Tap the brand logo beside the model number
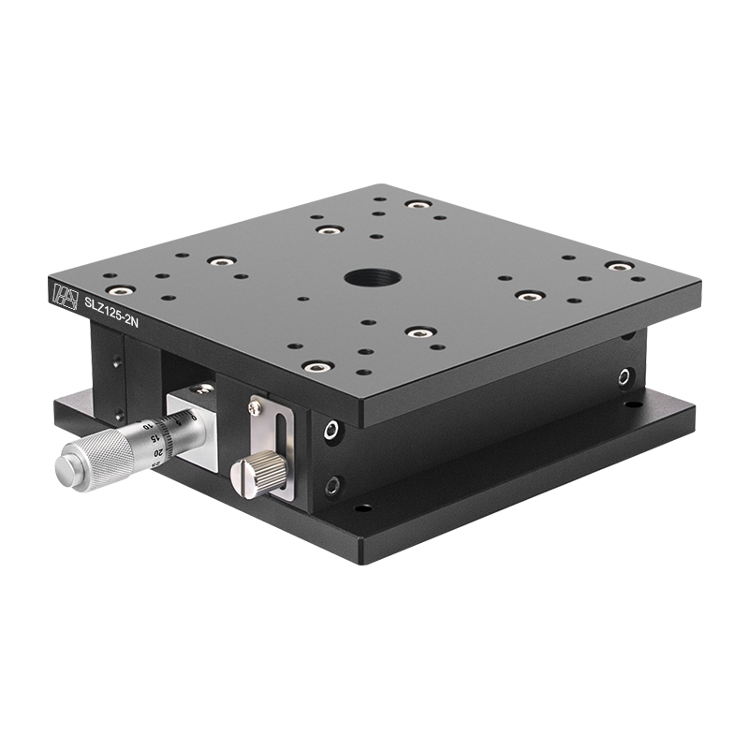click(x=65, y=294)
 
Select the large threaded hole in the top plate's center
click(x=372, y=277)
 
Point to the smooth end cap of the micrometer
click(x=67, y=470)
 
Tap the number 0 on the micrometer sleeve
click(x=192, y=417)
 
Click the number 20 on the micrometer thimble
click(x=160, y=452)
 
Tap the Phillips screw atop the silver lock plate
click(x=254, y=407)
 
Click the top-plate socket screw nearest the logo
click(x=120, y=290)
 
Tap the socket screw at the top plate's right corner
click(x=617, y=266)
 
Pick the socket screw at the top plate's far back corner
click(x=417, y=204)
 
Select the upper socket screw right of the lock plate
click(x=331, y=431)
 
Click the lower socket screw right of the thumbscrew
click(x=331, y=487)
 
